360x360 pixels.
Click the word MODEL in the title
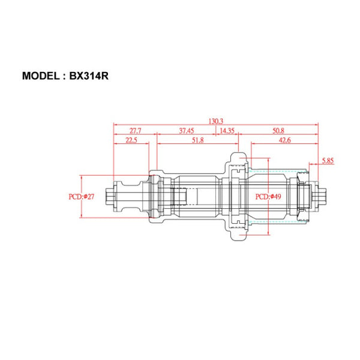point(43,76)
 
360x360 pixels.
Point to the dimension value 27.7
point(136,130)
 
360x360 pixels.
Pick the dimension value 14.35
point(227,130)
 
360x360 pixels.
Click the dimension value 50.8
point(278,130)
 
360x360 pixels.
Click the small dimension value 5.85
point(328,161)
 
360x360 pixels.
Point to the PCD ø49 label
point(269,196)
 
